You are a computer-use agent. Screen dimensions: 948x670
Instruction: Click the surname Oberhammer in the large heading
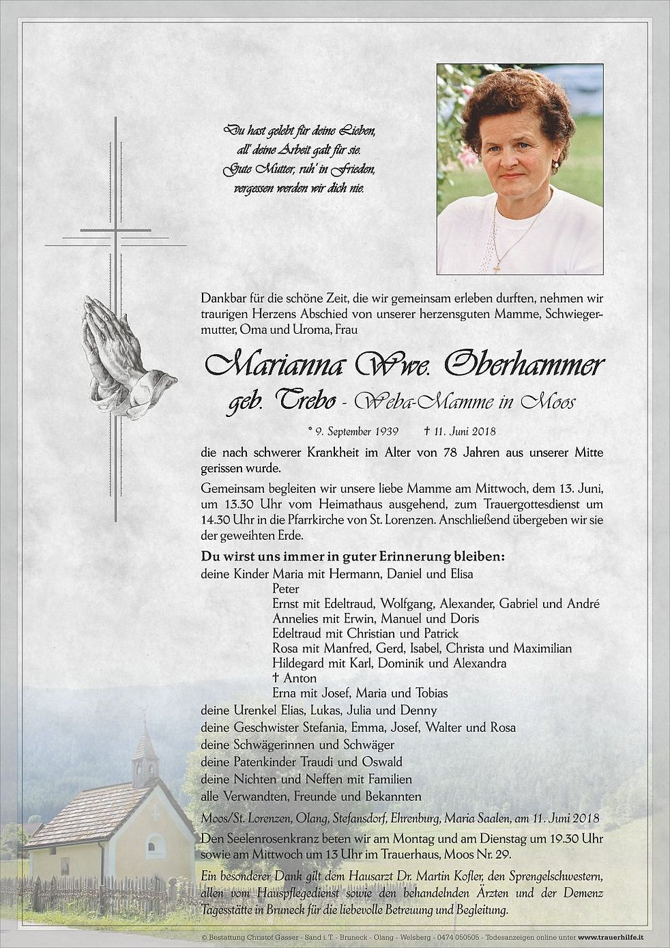(x=523, y=367)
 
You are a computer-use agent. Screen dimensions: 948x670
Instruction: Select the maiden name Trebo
(x=305, y=402)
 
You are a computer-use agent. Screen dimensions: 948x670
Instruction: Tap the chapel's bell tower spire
(x=145, y=734)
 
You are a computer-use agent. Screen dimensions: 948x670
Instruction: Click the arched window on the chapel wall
(x=156, y=846)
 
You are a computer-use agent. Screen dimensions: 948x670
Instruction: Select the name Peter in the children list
(x=286, y=589)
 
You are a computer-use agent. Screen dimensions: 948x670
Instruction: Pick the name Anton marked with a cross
(x=300, y=678)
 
